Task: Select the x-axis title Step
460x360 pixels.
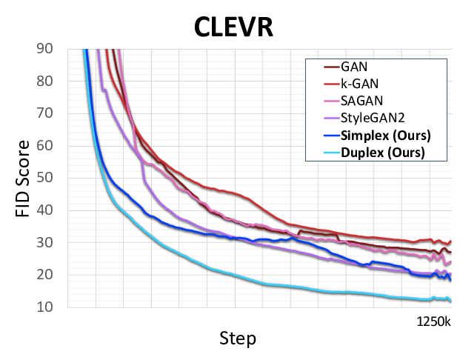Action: (238, 339)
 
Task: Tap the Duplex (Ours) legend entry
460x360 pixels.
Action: (382, 153)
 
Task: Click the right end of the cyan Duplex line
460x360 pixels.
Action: (450, 300)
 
